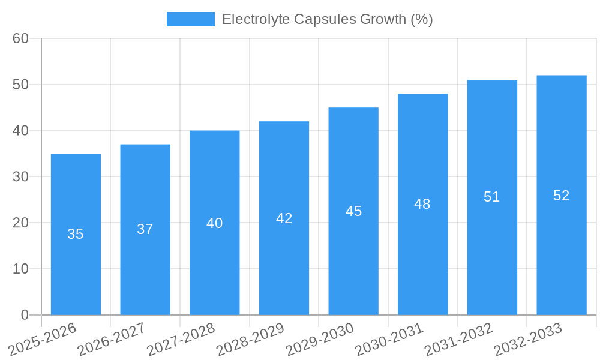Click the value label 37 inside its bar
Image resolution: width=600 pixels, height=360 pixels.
point(145,229)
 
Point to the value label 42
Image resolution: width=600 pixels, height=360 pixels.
point(284,218)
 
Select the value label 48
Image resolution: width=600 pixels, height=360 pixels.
point(422,204)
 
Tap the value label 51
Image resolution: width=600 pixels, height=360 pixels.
point(492,197)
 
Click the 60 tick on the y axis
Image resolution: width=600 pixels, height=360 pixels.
point(20,38)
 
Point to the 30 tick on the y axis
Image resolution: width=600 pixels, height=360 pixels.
point(20,177)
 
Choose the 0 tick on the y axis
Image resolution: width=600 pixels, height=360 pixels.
point(25,315)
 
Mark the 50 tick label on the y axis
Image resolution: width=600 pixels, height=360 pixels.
point(20,85)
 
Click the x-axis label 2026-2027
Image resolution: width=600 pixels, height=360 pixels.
point(112,340)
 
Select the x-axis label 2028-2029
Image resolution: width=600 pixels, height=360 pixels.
point(250,340)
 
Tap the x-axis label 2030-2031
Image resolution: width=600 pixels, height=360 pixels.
point(389,340)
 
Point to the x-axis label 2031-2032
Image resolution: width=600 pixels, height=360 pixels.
point(459,340)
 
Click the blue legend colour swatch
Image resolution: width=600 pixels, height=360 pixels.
point(190,19)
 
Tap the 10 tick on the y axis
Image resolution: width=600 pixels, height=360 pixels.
point(20,269)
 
